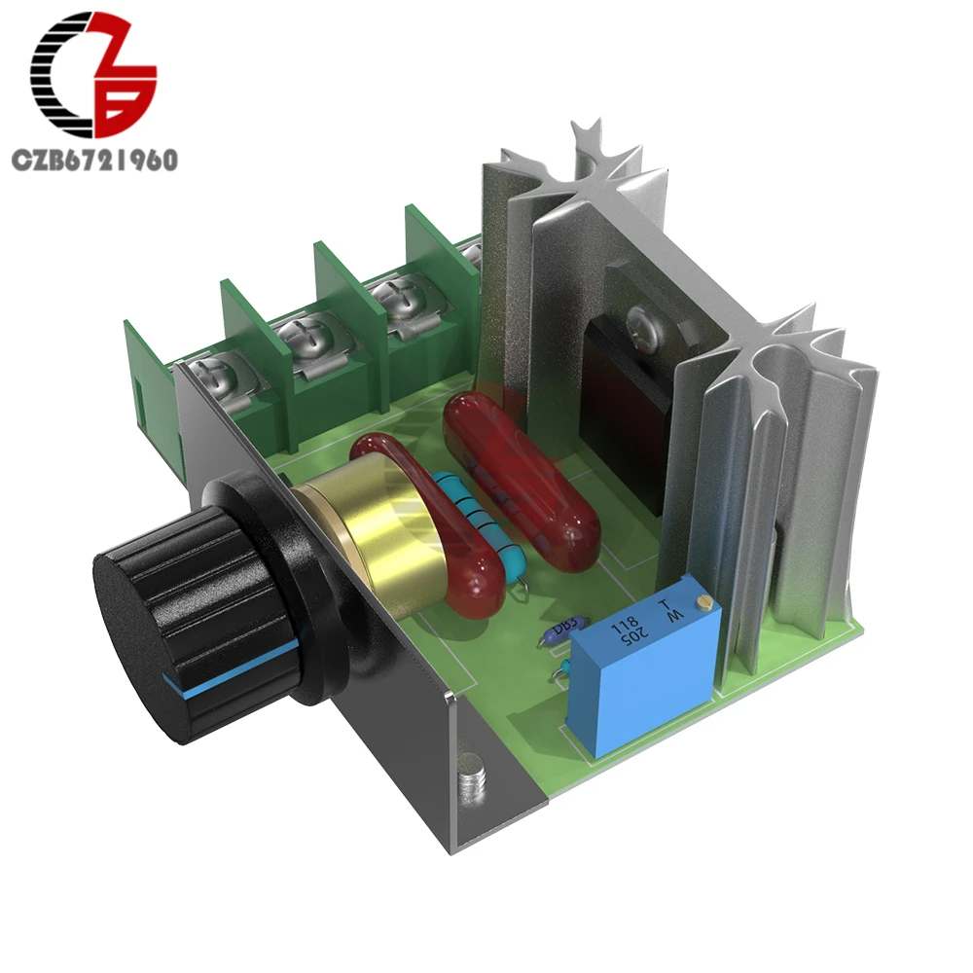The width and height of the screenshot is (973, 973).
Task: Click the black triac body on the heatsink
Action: pyautogui.click(x=623, y=409)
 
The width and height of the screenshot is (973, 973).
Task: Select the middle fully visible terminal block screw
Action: pyautogui.click(x=310, y=337)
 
